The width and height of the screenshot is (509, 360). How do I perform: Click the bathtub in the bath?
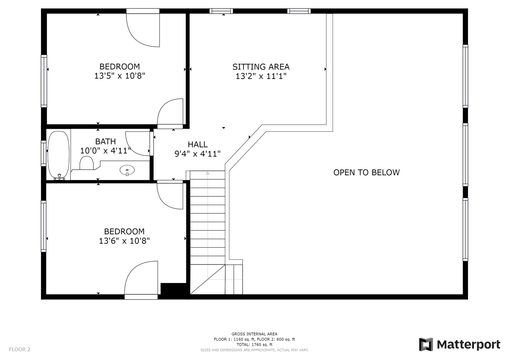coord(58,155)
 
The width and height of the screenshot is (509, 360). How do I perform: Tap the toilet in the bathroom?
coord(87,163)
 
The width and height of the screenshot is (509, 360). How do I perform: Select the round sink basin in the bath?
coord(127,170)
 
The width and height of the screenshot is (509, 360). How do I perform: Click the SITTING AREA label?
coord(261,67)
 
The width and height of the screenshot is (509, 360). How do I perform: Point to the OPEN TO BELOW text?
coord(366,173)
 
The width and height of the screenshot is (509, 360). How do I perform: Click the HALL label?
coord(197,145)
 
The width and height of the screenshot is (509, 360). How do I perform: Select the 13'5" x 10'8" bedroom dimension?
coord(120,76)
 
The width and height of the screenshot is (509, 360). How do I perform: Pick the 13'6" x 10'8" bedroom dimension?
coord(124,241)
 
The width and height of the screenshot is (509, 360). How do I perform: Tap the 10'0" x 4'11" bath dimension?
coord(105,150)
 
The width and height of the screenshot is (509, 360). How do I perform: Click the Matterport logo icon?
coord(426,344)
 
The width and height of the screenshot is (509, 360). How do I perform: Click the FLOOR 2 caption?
coord(20,349)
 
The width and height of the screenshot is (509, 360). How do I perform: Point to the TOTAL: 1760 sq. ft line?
coord(254,344)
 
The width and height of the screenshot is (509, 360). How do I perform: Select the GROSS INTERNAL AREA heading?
coord(254,334)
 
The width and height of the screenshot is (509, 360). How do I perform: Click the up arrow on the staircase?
coord(207,173)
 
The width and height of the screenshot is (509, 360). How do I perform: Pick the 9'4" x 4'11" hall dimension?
coord(197,154)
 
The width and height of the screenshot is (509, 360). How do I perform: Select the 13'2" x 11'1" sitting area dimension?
coord(261,76)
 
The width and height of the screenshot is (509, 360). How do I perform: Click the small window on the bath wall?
coord(43,153)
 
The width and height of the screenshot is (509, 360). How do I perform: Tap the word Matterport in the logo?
coord(469,345)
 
